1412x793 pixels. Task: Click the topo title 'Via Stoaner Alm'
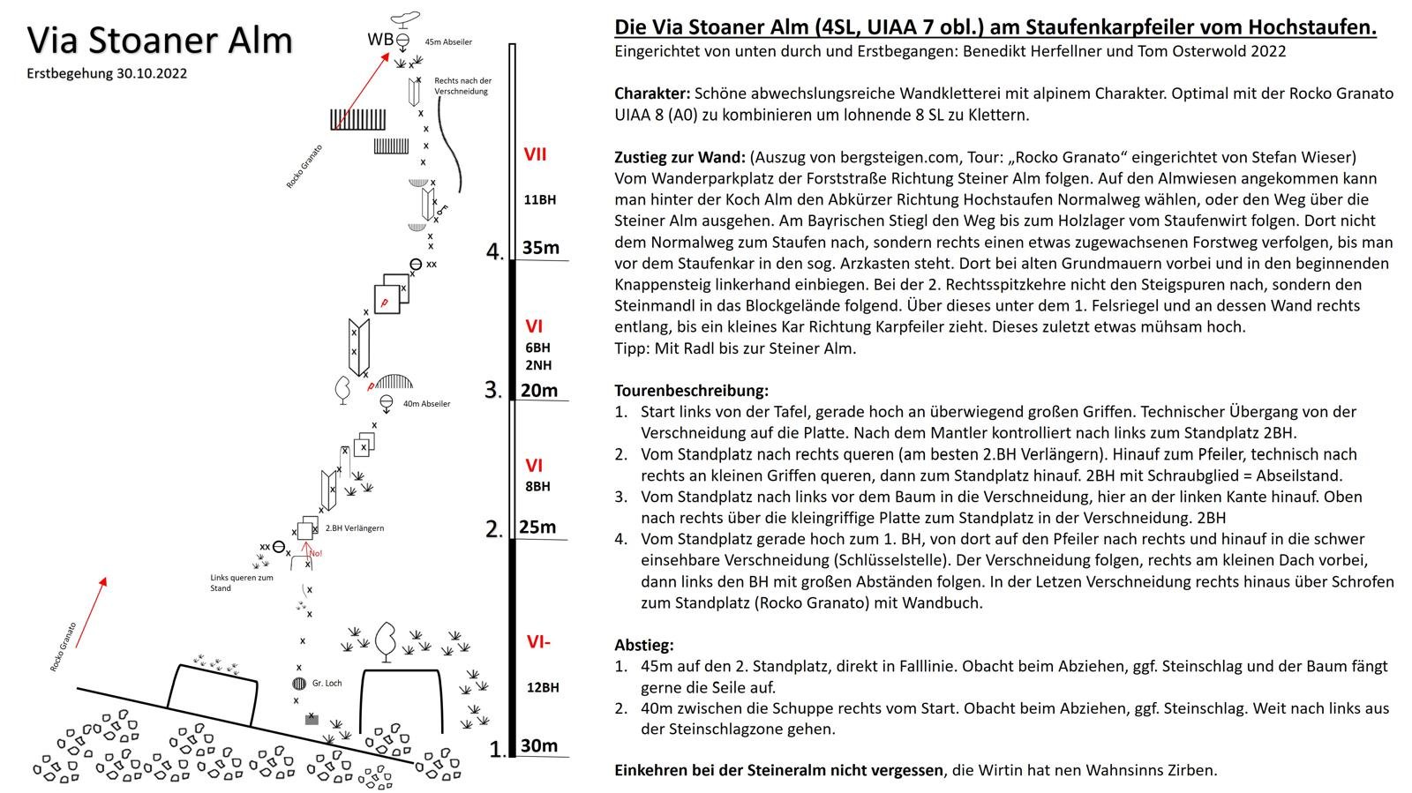click(x=160, y=41)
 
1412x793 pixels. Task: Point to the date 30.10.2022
click(x=151, y=74)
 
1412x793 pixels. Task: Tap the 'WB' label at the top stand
click(x=379, y=39)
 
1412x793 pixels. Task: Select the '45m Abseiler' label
click(x=448, y=41)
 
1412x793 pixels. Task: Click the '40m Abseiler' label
click(x=426, y=404)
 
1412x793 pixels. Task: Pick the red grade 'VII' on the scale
click(x=535, y=154)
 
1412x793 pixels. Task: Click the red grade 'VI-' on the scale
click(x=538, y=641)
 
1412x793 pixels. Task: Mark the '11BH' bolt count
click(x=539, y=199)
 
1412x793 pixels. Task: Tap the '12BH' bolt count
click(x=543, y=687)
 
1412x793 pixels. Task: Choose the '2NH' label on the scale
click(x=537, y=365)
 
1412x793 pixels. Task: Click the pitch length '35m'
click(x=540, y=248)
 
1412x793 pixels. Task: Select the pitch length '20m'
click(x=538, y=390)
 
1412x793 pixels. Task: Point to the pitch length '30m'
click(x=538, y=745)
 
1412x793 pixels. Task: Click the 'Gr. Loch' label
click(x=327, y=683)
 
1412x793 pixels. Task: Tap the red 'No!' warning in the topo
click(x=316, y=553)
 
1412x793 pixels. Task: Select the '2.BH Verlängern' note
click(x=355, y=528)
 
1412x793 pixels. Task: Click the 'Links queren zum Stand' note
click(x=241, y=583)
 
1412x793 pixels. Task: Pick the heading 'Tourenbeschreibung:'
click(x=691, y=390)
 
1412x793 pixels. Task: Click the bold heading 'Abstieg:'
click(x=644, y=645)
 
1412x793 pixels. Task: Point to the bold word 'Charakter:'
click(x=652, y=93)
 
